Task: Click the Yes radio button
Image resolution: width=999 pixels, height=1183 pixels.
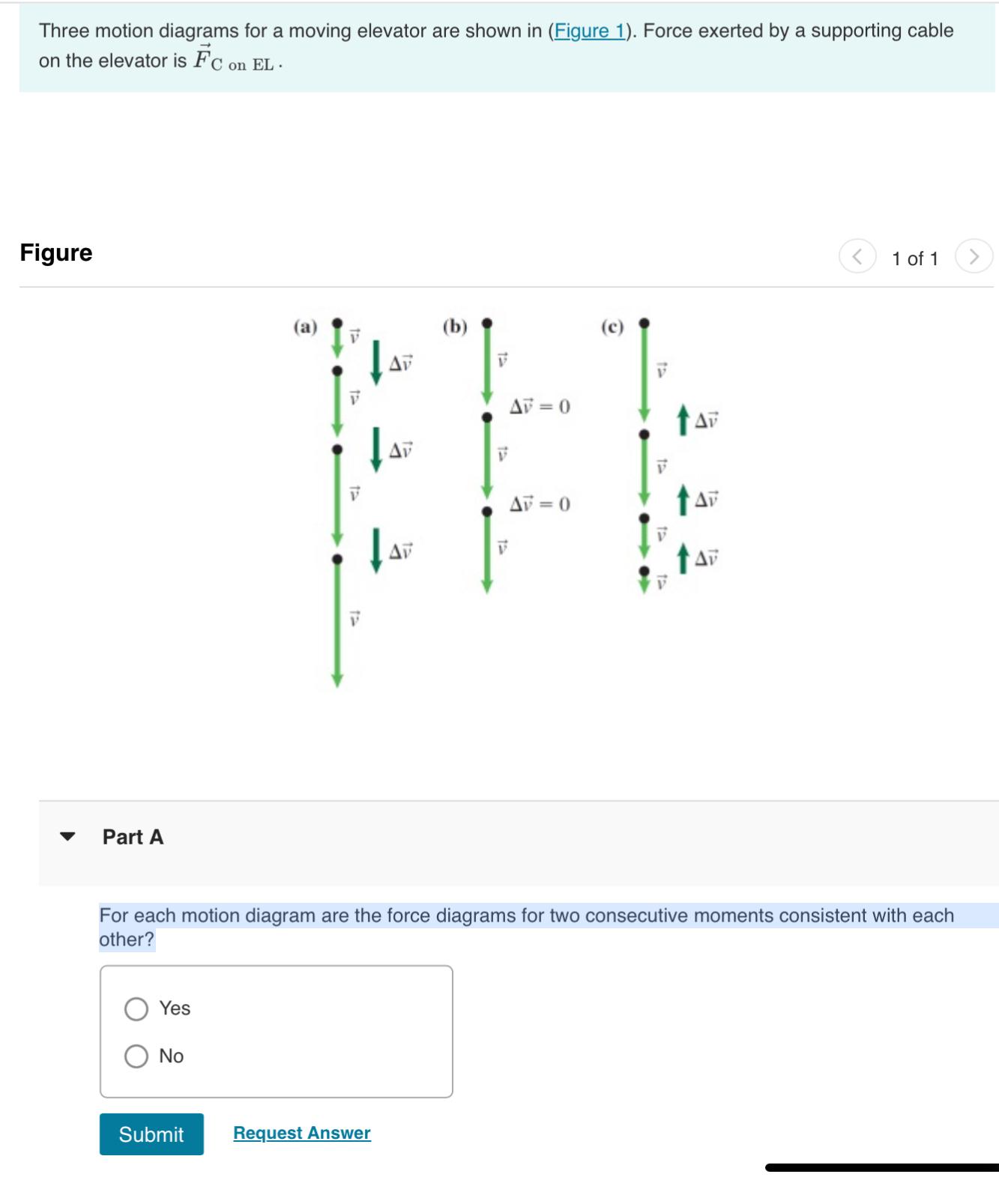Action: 136,1008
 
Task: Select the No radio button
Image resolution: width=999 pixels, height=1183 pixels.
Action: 136,1056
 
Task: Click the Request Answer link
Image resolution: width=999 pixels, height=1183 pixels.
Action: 302,1133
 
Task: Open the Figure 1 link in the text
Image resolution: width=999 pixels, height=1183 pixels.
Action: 590,31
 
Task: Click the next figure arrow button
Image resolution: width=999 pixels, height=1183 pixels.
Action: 974,257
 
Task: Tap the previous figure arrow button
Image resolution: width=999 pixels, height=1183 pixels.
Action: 857,257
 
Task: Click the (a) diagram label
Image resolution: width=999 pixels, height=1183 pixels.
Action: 305,327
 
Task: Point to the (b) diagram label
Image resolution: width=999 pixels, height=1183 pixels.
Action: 455,327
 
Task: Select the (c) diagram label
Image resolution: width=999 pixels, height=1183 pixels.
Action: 612,327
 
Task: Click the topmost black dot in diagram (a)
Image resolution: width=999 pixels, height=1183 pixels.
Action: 337,323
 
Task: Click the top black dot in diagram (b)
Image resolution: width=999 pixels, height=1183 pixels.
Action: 487,323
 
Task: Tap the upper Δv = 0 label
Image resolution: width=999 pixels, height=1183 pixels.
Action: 540,407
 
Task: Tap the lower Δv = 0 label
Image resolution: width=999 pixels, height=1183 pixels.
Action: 540,503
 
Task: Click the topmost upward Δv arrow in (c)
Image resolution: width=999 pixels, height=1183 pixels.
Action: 683,420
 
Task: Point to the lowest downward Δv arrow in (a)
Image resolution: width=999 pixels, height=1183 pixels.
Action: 376,551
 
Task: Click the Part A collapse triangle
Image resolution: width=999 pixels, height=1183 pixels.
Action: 67,837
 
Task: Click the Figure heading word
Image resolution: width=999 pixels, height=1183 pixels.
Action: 56,252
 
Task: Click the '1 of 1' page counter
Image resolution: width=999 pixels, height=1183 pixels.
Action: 914,258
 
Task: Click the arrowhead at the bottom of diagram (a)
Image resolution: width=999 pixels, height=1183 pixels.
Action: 337,680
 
